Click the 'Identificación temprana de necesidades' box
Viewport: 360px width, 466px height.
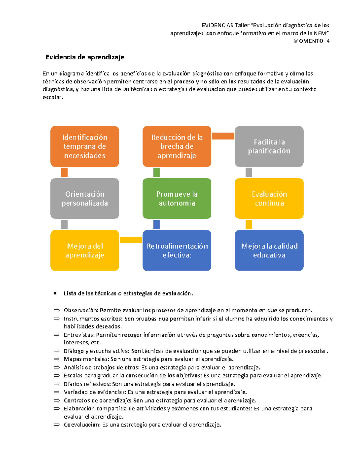coord(85,146)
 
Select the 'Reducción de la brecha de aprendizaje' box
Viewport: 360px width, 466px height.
coord(177,146)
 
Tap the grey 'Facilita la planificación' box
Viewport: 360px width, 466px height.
coord(269,146)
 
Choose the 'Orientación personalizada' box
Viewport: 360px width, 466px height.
coord(85,198)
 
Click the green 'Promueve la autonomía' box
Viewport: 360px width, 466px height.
coord(177,198)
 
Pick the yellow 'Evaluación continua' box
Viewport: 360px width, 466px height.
coord(269,198)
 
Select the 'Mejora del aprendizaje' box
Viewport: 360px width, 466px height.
coord(85,250)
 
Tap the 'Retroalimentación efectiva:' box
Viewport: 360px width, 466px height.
coord(177,250)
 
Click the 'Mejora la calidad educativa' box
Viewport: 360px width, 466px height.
coord(269,250)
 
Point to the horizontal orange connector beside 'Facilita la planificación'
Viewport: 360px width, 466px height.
coord(223,136)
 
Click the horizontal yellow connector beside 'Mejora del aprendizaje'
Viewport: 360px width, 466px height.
coord(130,240)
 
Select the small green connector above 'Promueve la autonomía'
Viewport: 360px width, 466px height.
coord(156,172)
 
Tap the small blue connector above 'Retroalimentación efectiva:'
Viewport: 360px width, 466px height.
coord(156,224)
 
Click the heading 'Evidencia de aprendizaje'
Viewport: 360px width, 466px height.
coord(85,57)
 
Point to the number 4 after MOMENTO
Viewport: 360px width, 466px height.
coord(328,41)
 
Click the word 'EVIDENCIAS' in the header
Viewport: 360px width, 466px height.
coord(217,25)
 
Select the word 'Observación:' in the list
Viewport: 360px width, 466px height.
coord(81,310)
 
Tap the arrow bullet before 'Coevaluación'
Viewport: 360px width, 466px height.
coord(56,425)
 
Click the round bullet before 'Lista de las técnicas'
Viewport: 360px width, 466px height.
coord(55,293)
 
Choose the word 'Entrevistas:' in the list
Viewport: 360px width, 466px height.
coord(79,335)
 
